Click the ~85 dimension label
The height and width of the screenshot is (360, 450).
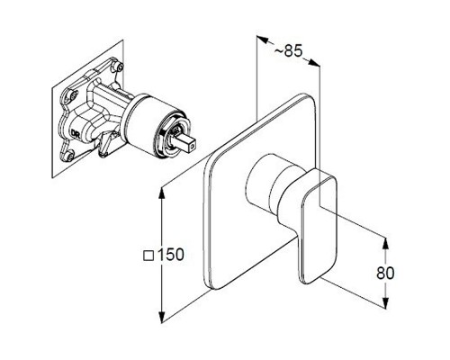[x=288, y=51]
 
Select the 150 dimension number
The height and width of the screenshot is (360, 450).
[x=170, y=255]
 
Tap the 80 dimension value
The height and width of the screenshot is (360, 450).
[x=385, y=273]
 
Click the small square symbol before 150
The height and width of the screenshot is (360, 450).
[x=148, y=256]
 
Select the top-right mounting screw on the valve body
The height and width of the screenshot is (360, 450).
[x=120, y=67]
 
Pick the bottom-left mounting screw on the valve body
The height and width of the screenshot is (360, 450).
[x=70, y=156]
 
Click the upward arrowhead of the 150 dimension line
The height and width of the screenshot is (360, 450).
[x=162, y=193]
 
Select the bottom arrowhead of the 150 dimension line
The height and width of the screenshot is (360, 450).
[x=162, y=317]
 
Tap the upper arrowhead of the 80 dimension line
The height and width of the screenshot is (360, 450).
[x=385, y=243]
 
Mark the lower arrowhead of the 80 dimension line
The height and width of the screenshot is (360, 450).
[x=385, y=302]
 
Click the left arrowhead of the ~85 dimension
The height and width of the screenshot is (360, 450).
[x=262, y=39]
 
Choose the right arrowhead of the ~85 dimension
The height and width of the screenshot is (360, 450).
[x=314, y=62]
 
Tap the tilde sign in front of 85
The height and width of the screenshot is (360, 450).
[x=278, y=51]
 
